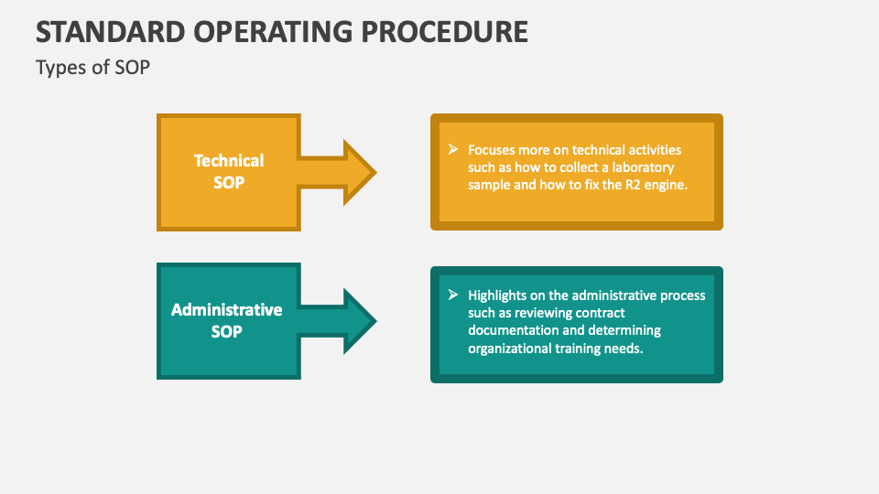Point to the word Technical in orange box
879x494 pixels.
coord(228,160)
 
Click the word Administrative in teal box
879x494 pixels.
coord(226,309)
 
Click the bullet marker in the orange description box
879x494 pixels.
coord(452,149)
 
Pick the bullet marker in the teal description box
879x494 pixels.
coord(452,295)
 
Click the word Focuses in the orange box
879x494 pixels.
coord(494,149)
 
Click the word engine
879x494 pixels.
coord(665,184)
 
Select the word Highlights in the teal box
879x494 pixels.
coord(500,295)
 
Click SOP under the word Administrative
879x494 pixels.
coord(226,331)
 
